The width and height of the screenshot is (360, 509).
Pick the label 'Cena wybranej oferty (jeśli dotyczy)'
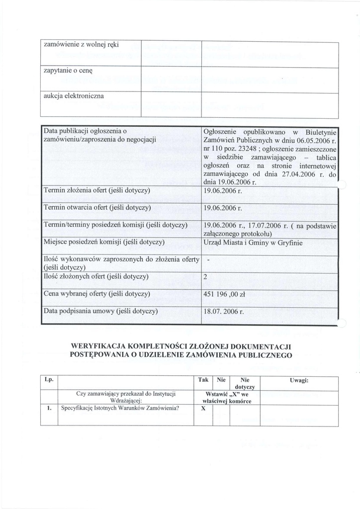97,293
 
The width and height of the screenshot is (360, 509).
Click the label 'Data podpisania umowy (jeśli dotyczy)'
100,311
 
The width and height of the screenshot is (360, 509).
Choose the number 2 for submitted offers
206,277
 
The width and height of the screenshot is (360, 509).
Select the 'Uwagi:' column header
299,380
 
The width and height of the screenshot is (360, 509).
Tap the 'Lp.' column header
49,380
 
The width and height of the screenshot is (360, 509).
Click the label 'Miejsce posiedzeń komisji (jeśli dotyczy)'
104,242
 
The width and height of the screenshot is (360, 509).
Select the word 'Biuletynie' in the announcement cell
321,132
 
